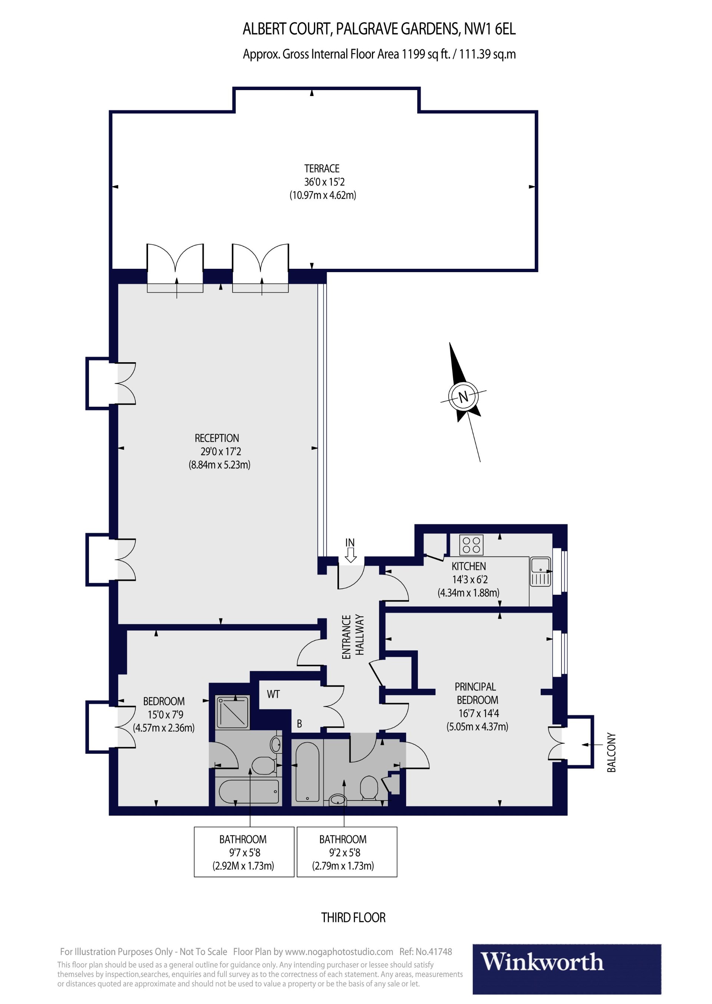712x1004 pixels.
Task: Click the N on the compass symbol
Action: click(x=463, y=397)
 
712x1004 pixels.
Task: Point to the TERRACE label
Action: click(x=322, y=169)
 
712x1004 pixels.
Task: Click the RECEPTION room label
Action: click(x=217, y=438)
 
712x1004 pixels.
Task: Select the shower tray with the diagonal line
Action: click(x=233, y=712)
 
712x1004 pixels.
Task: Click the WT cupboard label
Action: click(x=273, y=694)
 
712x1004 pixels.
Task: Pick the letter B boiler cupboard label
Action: click(x=299, y=724)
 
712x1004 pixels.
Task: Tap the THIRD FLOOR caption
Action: click(x=353, y=918)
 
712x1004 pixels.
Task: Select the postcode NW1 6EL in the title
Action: click(x=490, y=29)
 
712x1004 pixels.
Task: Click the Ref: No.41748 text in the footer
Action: click(x=425, y=952)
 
